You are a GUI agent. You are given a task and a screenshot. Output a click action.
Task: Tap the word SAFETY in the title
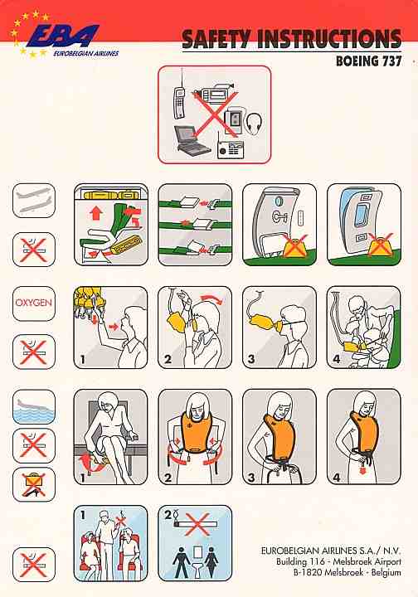pos(216,39)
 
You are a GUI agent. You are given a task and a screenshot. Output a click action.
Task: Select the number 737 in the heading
pos(391,61)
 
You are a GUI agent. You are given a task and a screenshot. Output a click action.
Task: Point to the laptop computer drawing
pos(191,140)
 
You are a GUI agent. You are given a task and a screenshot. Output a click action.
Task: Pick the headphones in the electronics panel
pos(255,124)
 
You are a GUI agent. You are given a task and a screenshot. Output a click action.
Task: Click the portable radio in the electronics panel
pos(230,147)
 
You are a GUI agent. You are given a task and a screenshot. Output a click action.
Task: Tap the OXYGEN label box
pos(34,303)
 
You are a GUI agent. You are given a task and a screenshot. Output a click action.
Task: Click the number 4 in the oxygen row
pos(337,359)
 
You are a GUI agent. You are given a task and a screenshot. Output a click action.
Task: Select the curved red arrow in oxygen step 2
pos(212,298)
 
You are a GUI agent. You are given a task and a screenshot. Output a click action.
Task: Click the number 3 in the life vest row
pos(251,477)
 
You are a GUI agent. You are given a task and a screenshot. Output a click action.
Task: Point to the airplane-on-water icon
pos(34,406)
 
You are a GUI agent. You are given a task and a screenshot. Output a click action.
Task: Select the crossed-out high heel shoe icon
pos(34,484)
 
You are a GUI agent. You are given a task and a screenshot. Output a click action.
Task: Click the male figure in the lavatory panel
pos(182,561)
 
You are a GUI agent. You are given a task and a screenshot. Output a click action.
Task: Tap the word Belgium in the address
pos(386,572)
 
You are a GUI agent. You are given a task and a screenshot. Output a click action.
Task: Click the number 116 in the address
pos(317,561)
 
